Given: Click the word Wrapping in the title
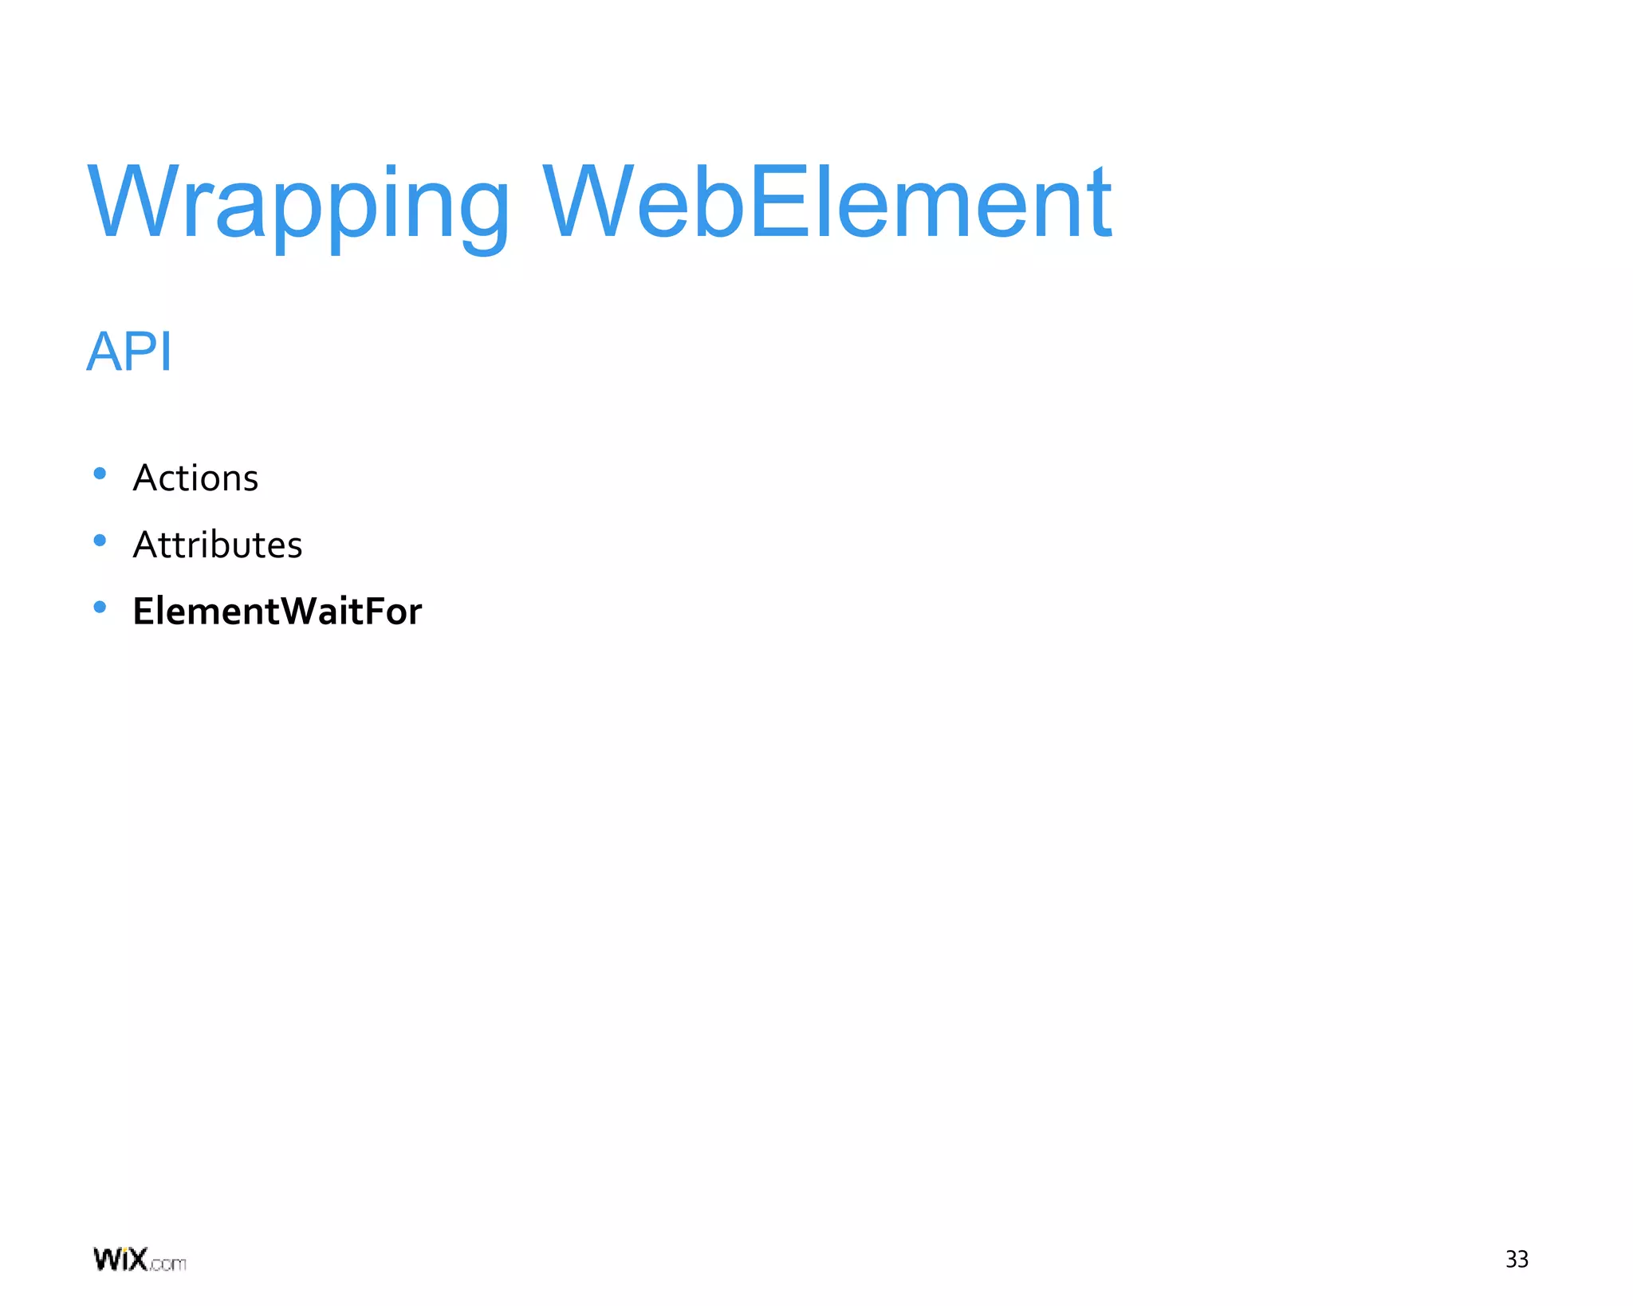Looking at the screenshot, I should point(298,203).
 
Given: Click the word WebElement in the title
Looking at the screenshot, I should point(826,203).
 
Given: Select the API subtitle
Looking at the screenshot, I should point(129,351).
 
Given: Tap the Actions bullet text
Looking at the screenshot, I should point(195,478).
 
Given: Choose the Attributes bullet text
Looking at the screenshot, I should point(217,545).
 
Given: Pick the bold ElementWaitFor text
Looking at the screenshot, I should point(277,612).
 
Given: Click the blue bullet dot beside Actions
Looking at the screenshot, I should point(100,474).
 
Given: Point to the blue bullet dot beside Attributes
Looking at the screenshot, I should point(100,541).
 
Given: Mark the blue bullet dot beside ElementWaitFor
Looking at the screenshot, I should point(100,607).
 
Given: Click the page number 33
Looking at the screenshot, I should point(1516,1259).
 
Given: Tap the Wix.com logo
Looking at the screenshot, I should point(140,1260).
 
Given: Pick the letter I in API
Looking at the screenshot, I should point(165,351).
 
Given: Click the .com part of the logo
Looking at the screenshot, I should point(167,1264).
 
